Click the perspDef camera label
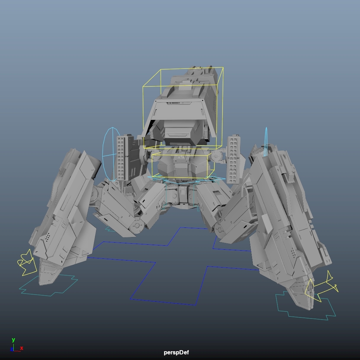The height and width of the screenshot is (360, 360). click(176, 352)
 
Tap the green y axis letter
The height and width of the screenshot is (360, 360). click(13, 340)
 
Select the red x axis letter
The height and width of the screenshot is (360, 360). click(21, 348)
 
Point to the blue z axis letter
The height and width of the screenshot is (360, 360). click(12, 349)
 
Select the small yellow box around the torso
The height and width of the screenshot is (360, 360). click(152, 165)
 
